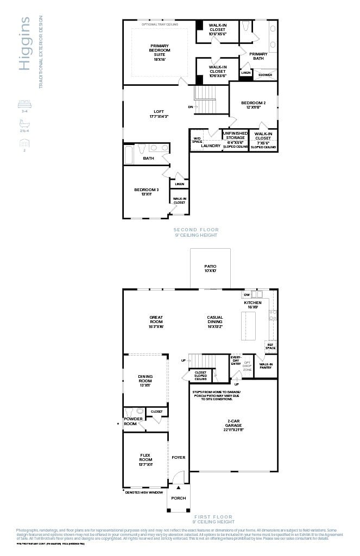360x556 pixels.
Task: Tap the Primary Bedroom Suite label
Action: pos(160,53)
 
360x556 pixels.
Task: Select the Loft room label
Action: pos(159,113)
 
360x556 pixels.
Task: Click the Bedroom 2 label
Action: pos(253,105)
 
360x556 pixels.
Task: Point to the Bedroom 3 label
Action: pos(146,192)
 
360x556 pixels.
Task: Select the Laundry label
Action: pos(211,146)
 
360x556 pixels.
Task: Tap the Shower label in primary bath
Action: pos(265,75)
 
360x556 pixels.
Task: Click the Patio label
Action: pos(210,268)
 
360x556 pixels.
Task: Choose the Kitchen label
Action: pos(252,305)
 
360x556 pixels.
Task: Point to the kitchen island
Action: pos(248,326)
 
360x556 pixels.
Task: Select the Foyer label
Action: pos(179,457)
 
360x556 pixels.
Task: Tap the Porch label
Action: pos(179,498)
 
